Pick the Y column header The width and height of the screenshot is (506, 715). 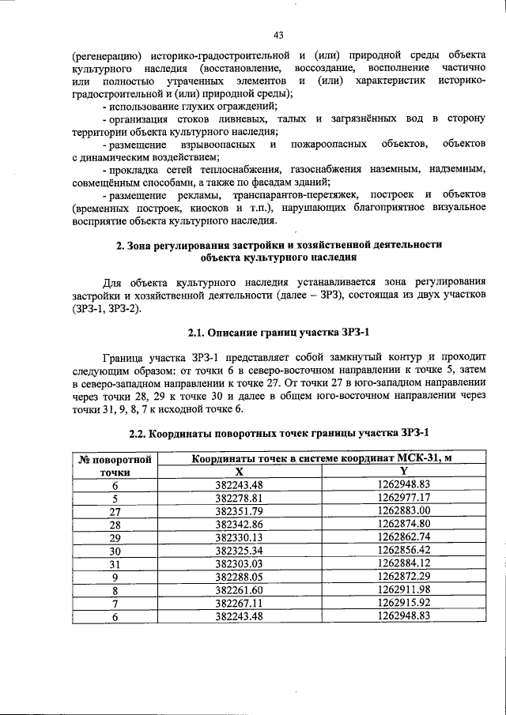[x=403, y=471]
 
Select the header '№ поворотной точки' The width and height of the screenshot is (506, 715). [x=115, y=465]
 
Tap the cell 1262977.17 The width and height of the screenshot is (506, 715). [x=403, y=498]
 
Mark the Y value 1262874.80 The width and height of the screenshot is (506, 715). [x=403, y=523]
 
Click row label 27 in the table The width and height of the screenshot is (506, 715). [x=115, y=510]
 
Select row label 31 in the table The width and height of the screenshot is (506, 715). [x=115, y=563]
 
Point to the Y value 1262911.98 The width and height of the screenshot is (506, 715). [x=403, y=589]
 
